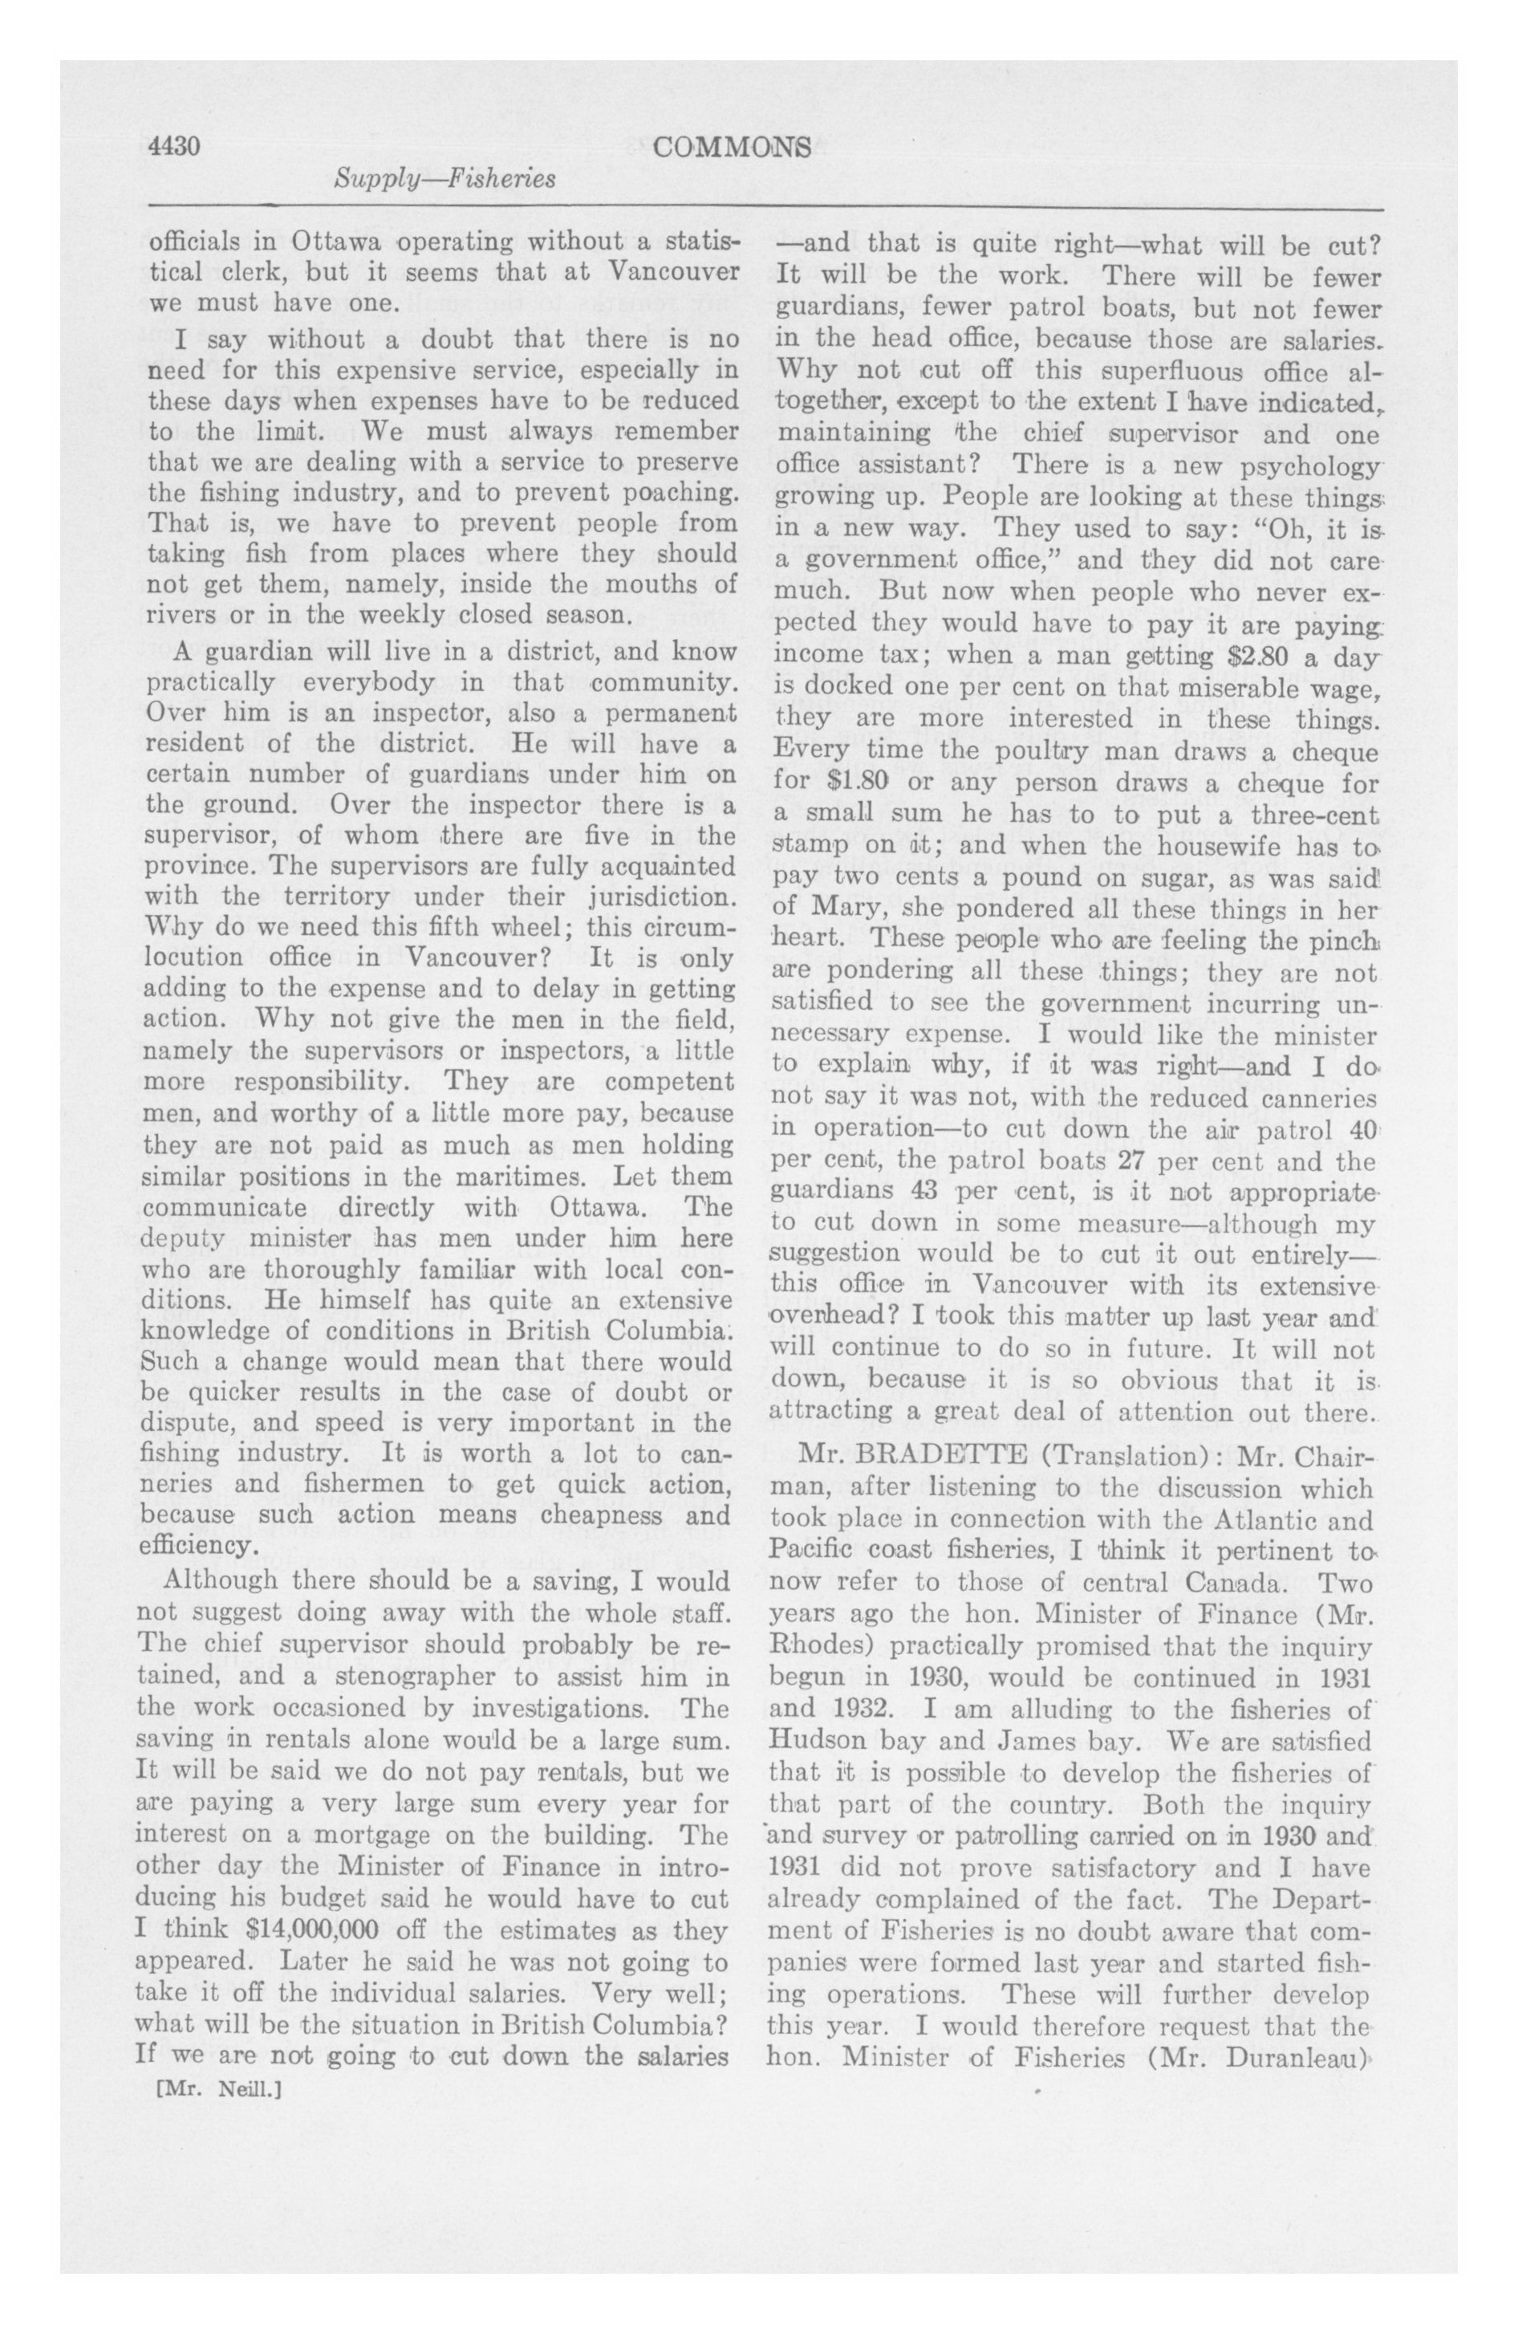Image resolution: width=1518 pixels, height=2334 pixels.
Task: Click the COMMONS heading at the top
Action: coord(732,147)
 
